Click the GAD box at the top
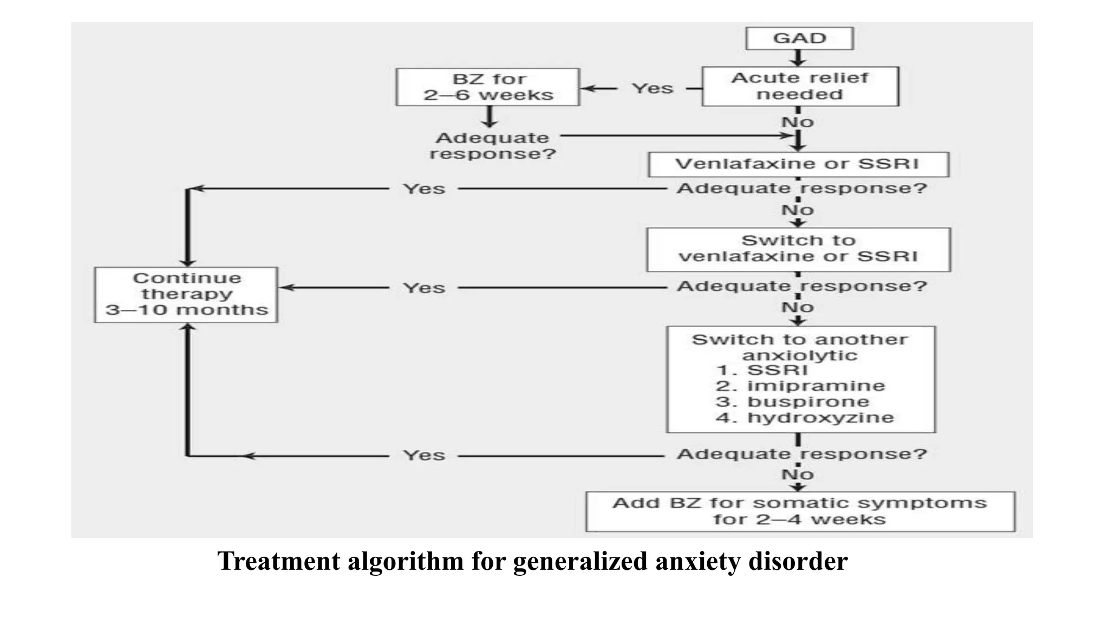pyautogui.click(x=799, y=38)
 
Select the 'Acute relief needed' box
pyautogui.click(x=800, y=86)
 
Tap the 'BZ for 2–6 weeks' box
pyautogui.click(x=488, y=87)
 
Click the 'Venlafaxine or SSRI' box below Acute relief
pyautogui.click(x=798, y=164)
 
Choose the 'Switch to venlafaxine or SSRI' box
pyautogui.click(x=798, y=249)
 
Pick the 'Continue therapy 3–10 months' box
pyautogui.click(x=186, y=294)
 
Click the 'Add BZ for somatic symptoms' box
pyautogui.click(x=800, y=511)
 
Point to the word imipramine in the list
pyautogui.click(x=816, y=386)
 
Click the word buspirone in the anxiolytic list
pyautogui.click(x=808, y=402)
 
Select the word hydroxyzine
pyautogui.click(x=820, y=418)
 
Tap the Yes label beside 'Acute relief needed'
pyautogui.click(x=653, y=88)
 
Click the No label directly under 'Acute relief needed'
pyautogui.click(x=798, y=122)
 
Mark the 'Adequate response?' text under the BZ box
pyautogui.click(x=492, y=146)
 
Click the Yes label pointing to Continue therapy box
pyautogui.click(x=424, y=288)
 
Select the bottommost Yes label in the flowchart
pyautogui.click(x=424, y=455)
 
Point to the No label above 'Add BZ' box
pyautogui.click(x=798, y=475)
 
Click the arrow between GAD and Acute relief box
pyautogui.click(x=798, y=58)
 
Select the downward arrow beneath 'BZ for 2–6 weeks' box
pyautogui.click(x=490, y=116)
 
